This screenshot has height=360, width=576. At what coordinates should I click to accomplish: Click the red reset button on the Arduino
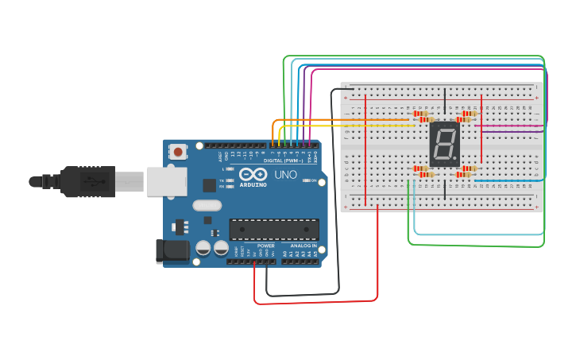tap(179, 151)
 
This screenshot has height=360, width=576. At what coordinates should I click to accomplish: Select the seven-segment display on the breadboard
tap(444, 145)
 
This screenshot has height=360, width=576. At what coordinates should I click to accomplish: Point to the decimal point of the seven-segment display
tap(456, 160)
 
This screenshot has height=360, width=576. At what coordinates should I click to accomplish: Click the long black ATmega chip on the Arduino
tap(274, 229)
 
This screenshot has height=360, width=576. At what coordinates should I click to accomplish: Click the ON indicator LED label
tap(315, 181)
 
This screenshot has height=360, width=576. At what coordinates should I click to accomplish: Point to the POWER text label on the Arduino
tap(266, 246)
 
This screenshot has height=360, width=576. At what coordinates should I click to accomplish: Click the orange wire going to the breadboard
tap(342, 120)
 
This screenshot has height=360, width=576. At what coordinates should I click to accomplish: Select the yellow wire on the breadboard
tap(350, 126)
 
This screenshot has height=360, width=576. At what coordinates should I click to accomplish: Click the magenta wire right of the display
tap(508, 126)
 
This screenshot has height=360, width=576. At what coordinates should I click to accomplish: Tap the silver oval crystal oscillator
tap(207, 205)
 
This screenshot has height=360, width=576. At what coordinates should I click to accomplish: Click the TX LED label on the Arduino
tap(222, 181)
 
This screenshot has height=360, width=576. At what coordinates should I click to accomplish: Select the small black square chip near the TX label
tap(209, 185)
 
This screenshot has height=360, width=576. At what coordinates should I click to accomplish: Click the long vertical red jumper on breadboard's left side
tap(365, 151)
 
